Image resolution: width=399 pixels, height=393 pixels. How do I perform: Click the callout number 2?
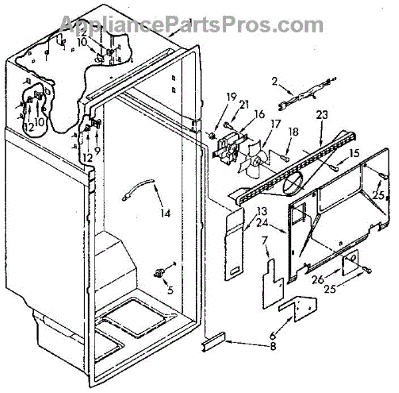(273, 82)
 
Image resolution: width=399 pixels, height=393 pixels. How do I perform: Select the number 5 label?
(170, 289)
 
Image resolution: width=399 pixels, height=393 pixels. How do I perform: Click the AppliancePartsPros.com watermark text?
(199, 25)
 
